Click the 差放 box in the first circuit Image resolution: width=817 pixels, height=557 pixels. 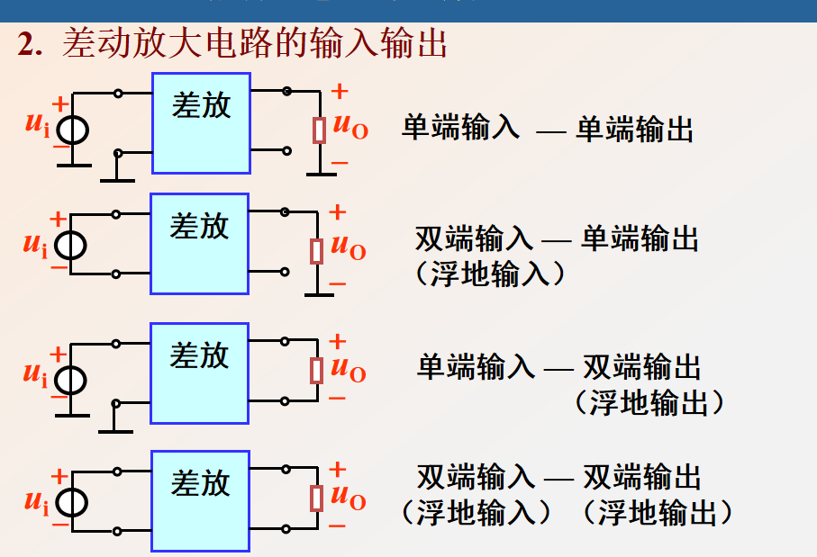(201, 122)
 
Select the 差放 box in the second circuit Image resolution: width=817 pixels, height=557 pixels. (199, 244)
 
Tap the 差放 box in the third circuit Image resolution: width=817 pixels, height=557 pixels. (199, 373)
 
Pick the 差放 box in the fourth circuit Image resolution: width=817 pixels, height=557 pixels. (200, 500)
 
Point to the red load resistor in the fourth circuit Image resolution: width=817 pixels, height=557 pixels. (316, 498)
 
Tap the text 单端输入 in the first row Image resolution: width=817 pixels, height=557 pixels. (460, 129)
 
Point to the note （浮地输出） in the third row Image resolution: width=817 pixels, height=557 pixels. (649, 402)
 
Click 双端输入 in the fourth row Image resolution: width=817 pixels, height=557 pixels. (475, 476)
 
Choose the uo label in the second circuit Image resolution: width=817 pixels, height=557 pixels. (348, 247)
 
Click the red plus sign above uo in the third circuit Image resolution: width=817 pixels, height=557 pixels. (337, 341)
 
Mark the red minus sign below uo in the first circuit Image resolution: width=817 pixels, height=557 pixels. (339, 163)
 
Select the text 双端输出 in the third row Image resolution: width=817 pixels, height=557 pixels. (641, 367)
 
